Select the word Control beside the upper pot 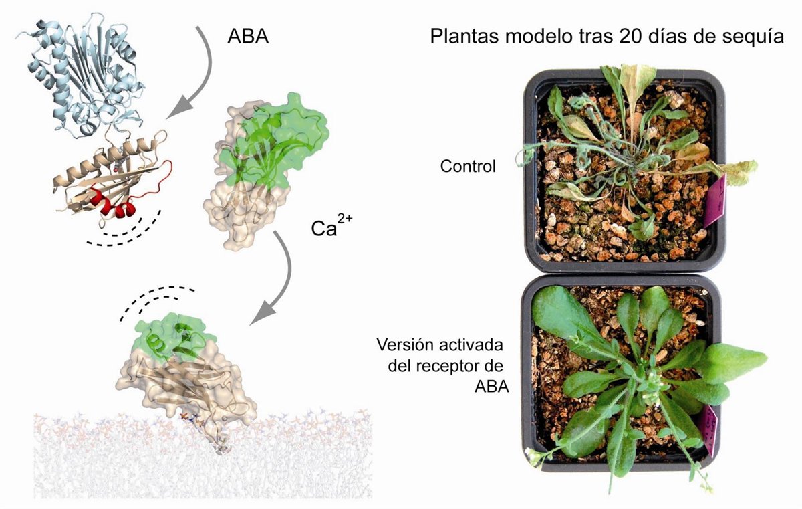tap(468, 165)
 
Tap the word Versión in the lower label tap(402, 346)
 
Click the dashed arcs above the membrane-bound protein tap(157, 301)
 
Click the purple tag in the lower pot tap(708, 428)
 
